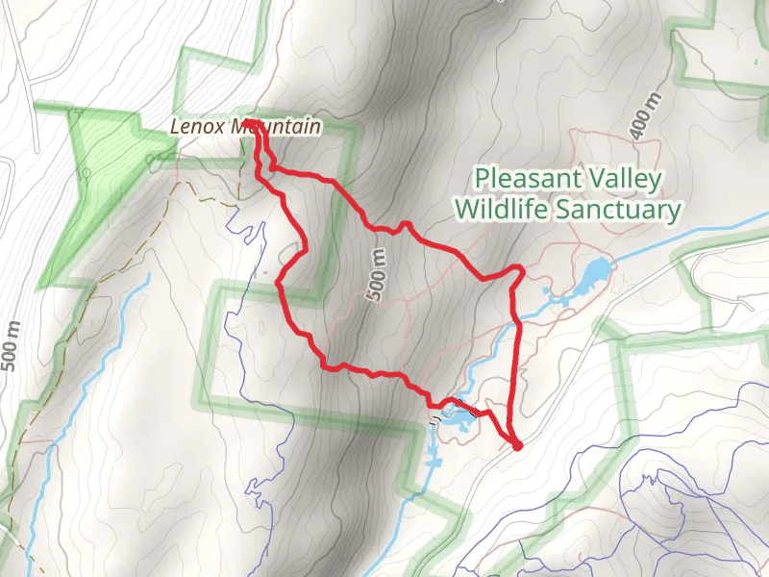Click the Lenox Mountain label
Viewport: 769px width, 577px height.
(x=244, y=126)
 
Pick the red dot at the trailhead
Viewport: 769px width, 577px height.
(x=517, y=445)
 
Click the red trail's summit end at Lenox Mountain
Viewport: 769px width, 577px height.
(x=258, y=135)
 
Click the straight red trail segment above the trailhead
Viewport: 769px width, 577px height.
(x=519, y=375)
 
